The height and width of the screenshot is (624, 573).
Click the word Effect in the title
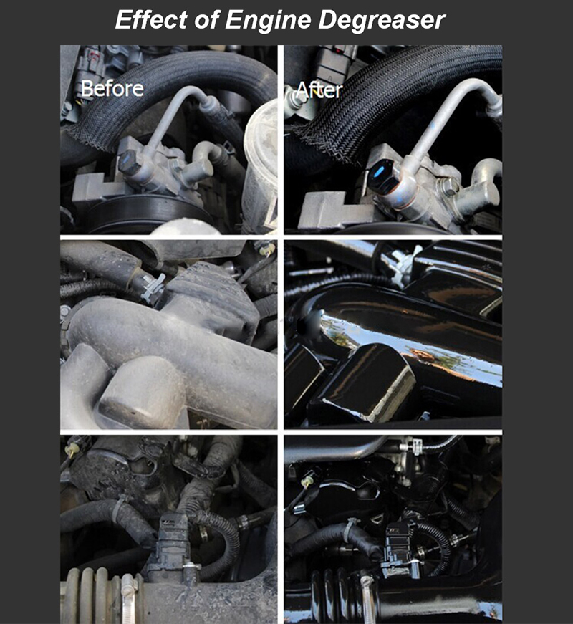(x=151, y=19)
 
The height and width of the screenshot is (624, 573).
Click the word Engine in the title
(x=268, y=21)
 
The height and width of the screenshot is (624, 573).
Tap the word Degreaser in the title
(x=382, y=21)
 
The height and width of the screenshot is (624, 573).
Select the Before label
(x=112, y=89)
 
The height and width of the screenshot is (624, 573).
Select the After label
(x=319, y=90)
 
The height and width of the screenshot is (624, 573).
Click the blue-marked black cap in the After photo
(x=382, y=175)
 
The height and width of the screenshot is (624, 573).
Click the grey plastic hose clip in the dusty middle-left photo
(x=153, y=287)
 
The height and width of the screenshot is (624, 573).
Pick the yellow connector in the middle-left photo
(x=266, y=249)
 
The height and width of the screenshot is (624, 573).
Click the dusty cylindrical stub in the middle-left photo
(x=141, y=392)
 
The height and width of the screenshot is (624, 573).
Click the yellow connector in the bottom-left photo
(x=72, y=450)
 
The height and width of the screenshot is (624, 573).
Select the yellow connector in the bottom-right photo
(x=307, y=482)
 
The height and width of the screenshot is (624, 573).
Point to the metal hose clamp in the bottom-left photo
(x=130, y=597)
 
